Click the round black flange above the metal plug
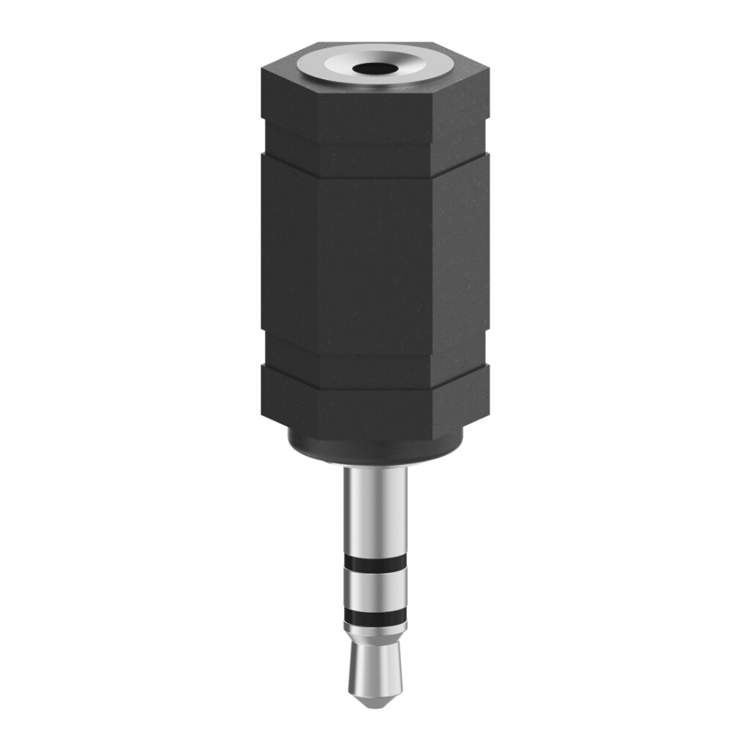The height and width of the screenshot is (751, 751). pyautogui.click(x=375, y=449)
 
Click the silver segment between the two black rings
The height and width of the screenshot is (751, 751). pyautogui.click(x=375, y=590)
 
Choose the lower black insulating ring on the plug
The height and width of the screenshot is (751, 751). pyautogui.click(x=375, y=617)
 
